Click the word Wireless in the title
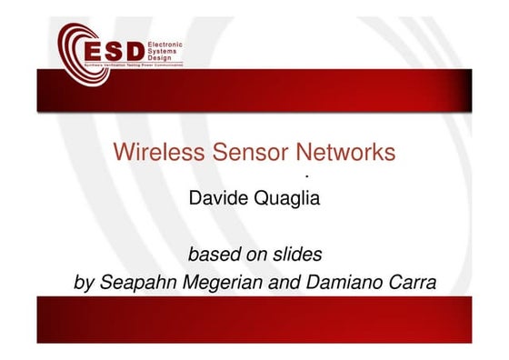coord(147,152)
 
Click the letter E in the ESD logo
coord(93,49)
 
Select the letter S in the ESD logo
coord(113,49)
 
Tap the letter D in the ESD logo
coord(134,49)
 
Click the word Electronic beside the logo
coord(165,44)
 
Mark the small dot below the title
coord(308,175)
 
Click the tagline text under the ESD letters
coord(131,66)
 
